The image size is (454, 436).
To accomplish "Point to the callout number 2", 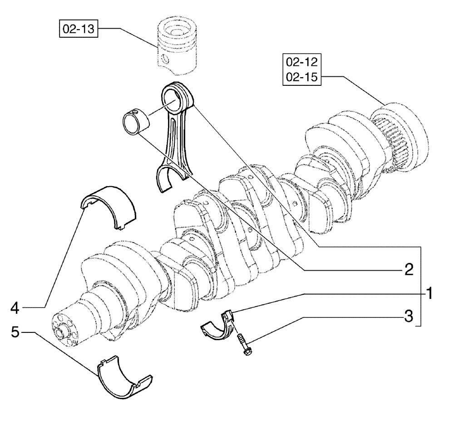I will tap(409, 270).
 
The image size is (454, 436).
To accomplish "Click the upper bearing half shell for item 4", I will tap(109, 204).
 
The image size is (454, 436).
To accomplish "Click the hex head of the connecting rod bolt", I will tap(248, 352).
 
